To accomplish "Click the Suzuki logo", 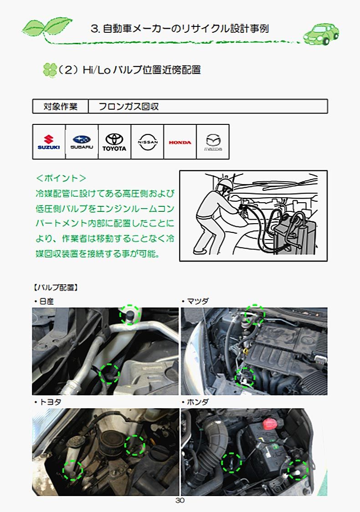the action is coord(49,142).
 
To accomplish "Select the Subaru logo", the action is coord(82,142).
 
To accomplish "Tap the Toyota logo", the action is coord(114,143).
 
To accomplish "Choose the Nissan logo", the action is coord(147,142).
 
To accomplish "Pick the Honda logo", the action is coord(180,143).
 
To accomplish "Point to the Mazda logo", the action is coord(213,143).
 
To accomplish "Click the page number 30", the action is coord(180,500).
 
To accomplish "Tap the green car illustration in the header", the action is coord(321,34).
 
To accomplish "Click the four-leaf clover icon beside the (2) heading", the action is coord(50,70).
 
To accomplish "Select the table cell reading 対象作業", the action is coord(61,107).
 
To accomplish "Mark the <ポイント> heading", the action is coord(61,178).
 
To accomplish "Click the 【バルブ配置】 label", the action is coord(56,287).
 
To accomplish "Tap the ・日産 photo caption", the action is coord(44,301).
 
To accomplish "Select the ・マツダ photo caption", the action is coord(195,301).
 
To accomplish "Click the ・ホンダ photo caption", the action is coord(195,402).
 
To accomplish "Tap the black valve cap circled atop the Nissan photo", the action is coord(130,315).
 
